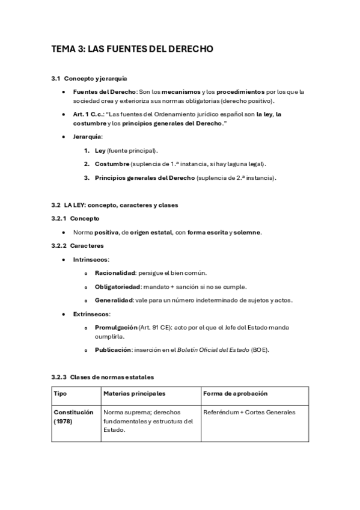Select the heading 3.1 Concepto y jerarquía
click(88, 79)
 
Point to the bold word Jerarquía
click(87, 137)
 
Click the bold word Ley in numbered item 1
click(100, 150)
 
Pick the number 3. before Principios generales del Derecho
click(87, 177)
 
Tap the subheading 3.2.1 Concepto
click(75, 218)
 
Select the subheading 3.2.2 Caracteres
click(78, 245)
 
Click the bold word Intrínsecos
click(90, 259)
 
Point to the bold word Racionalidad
click(114, 273)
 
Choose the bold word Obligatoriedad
click(117, 287)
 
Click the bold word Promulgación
click(115, 327)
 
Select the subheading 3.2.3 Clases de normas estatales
click(102, 377)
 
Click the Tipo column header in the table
click(61, 393)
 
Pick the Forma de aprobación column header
click(236, 393)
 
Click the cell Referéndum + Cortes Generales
click(249, 413)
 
